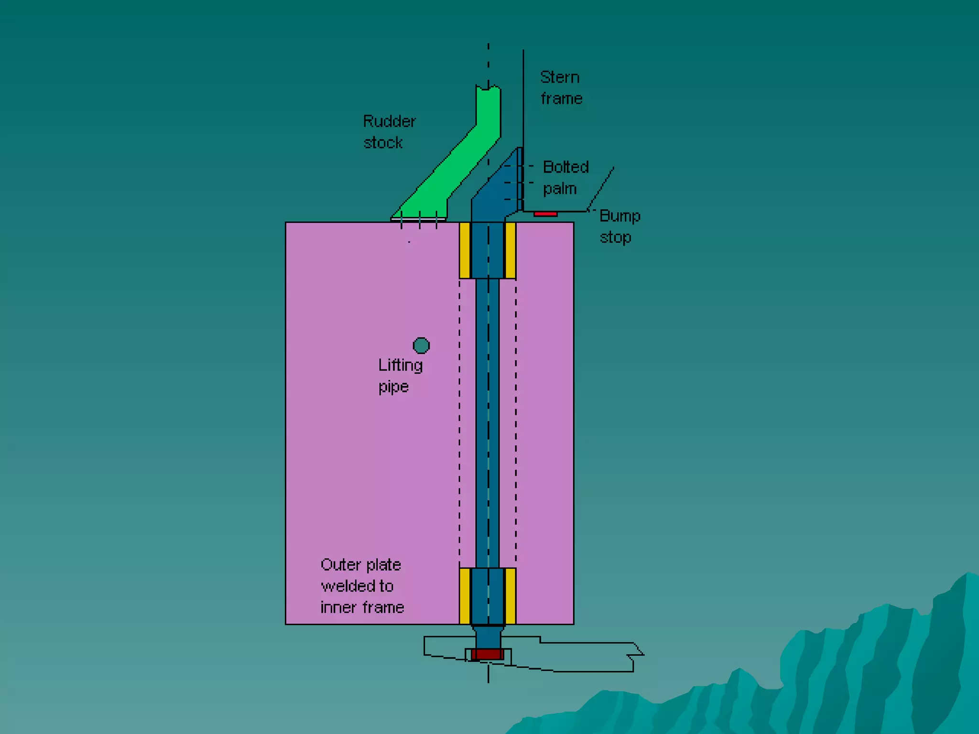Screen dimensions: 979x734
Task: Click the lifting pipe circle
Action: [421, 345]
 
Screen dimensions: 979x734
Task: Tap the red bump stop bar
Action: [545, 214]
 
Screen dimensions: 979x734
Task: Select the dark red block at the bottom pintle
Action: [488, 654]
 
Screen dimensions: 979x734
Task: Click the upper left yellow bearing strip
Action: [464, 250]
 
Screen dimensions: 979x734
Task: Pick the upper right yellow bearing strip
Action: [511, 250]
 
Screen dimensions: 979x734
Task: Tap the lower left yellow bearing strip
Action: [464, 596]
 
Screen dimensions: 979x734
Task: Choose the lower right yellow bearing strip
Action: [511, 596]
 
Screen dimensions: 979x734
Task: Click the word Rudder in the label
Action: [389, 121]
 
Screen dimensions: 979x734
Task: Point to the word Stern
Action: [559, 77]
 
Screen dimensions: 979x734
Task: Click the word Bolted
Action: [566, 167]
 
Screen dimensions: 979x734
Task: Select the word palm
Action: [559, 189]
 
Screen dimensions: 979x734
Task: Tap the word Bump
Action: [620, 216]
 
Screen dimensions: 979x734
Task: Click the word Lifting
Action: [400, 366]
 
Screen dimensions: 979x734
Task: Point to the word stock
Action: [382, 143]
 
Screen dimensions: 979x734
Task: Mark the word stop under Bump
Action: [615, 237]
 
